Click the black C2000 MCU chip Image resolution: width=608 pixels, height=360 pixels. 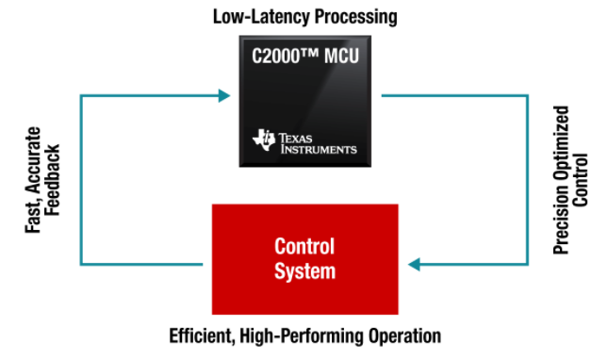point(304,104)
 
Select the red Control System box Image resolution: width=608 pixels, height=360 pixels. point(304,258)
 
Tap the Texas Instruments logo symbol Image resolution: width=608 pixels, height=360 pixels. point(262,141)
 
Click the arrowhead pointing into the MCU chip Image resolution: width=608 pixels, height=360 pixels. point(223,94)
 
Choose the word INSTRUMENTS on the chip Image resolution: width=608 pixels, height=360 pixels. point(318,149)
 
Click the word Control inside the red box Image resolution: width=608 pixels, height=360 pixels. point(304,247)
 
